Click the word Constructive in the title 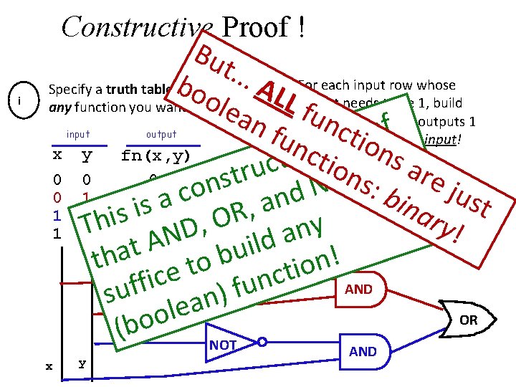[129, 27]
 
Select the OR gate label [468, 320]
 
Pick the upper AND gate [358, 290]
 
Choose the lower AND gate [363, 351]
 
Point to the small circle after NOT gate [262, 343]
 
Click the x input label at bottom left [49, 365]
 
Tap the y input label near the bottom [82, 363]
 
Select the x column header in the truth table [58, 155]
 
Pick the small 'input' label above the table [78, 134]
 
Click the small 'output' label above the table [161, 134]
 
